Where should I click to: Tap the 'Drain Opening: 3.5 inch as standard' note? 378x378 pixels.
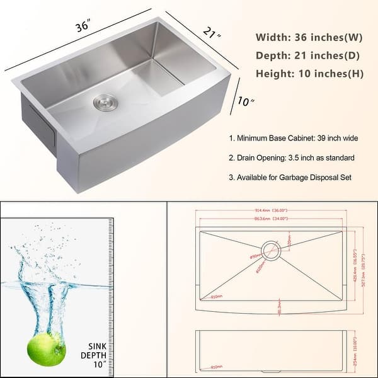tap(291, 157)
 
